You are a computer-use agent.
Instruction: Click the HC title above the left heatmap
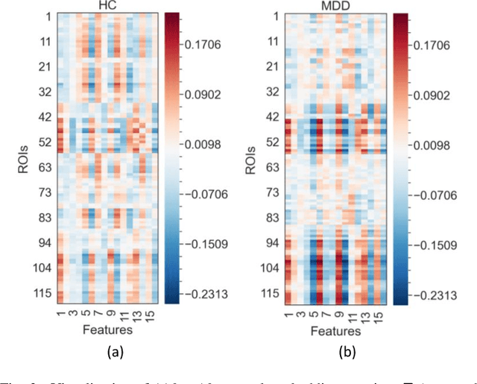[x=107, y=6]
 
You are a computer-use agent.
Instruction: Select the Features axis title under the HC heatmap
[x=107, y=329]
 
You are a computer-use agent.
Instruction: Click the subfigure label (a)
[x=107, y=353]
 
